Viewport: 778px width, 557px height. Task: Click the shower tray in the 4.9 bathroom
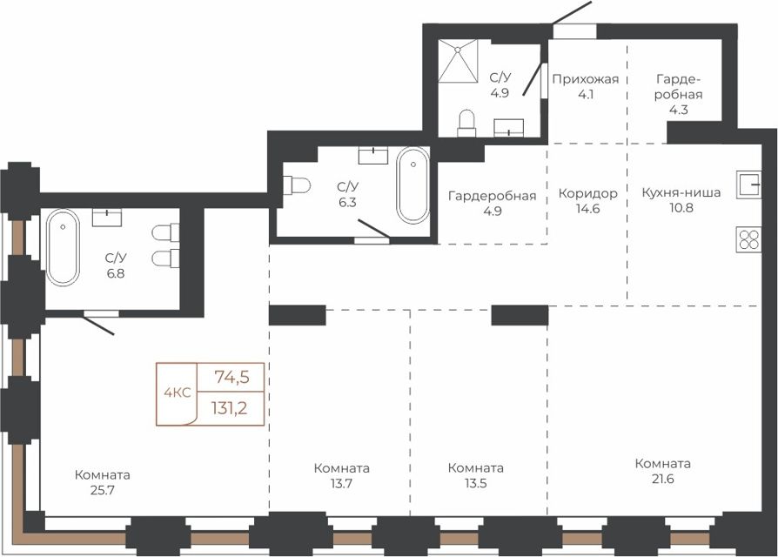click(x=458, y=61)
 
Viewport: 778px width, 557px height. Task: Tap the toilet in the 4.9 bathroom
click(x=466, y=123)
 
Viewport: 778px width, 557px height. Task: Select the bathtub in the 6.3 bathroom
click(x=412, y=185)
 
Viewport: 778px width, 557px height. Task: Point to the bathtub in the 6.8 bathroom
click(x=63, y=247)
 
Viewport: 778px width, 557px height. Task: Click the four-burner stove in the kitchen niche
click(x=748, y=240)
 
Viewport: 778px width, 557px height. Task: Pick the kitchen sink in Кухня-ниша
click(x=748, y=185)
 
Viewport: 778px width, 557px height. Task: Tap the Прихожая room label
click(x=586, y=79)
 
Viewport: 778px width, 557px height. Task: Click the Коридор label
click(x=588, y=193)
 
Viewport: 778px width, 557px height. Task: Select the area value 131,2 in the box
click(x=229, y=408)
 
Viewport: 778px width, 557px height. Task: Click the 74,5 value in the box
click(x=231, y=378)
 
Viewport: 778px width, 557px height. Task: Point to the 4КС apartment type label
click(x=178, y=393)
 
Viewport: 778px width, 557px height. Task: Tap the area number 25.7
click(x=103, y=491)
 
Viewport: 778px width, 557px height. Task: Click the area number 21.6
click(x=663, y=480)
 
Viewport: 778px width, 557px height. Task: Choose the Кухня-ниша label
click(x=681, y=192)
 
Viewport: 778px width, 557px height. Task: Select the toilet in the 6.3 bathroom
click(x=296, y=186)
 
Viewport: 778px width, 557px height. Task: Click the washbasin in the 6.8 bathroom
click(x=107, y=218)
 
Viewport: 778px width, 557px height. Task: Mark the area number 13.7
click(x=341, y=484)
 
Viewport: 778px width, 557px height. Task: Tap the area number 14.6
click(x=588, y=208)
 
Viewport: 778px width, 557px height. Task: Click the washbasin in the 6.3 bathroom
click(x=373, y=155)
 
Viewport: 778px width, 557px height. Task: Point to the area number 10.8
click(x=681, y=208)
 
